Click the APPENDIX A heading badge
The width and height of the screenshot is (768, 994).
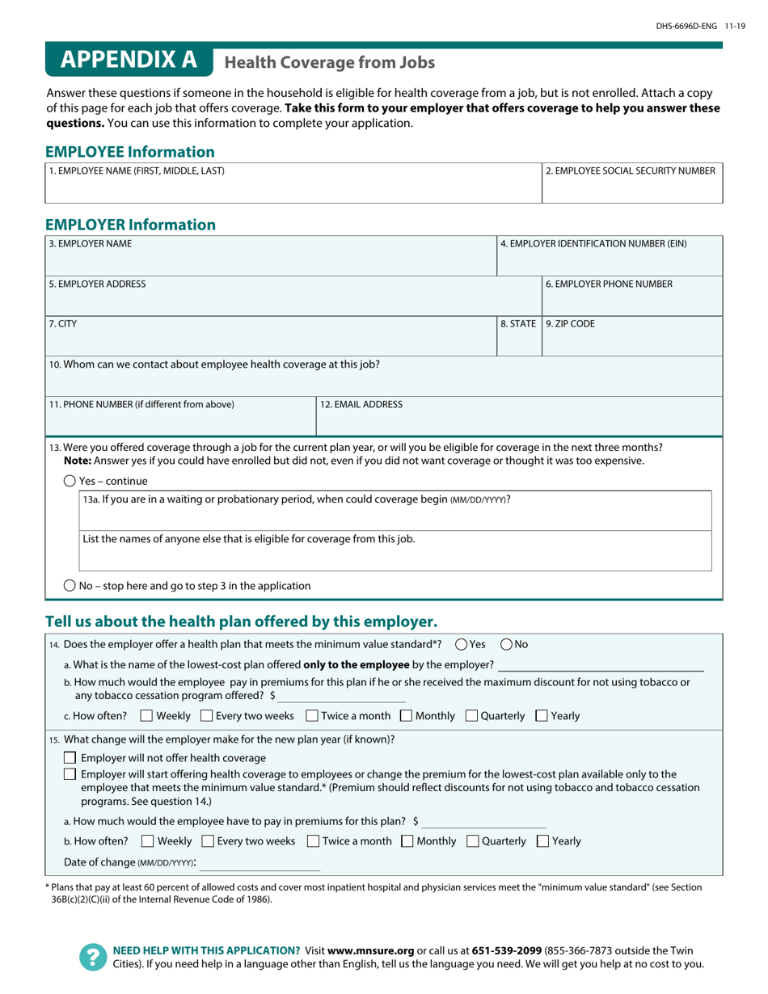point(129,59)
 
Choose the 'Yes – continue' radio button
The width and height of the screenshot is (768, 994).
point(69,481)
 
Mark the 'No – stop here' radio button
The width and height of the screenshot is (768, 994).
point(69,585)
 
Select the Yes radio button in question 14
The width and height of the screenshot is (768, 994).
point(461,644)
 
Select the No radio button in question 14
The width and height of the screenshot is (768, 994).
point(506,644)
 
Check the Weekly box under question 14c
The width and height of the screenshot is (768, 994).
point(146,716)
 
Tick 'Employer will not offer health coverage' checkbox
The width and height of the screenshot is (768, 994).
point(70,758)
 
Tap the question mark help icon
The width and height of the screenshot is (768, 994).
point(91,957)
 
